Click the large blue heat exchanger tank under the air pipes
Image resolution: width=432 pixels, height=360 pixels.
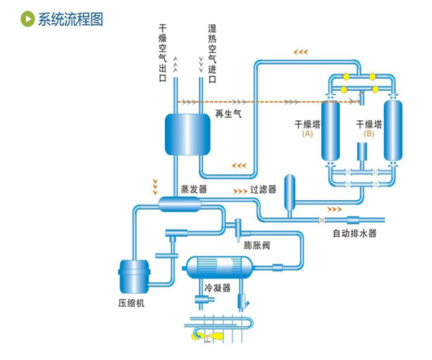click(x=186, y=132)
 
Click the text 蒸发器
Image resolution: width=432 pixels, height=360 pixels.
click(x=193, y=189)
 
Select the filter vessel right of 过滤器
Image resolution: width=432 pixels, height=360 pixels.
click(x=289, y=192)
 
